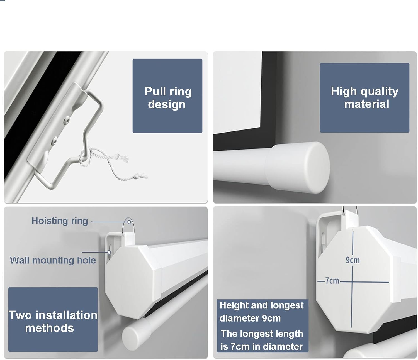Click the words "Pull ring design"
pos(168,98)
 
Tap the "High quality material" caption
pos(364,97)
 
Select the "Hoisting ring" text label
pos(60,221)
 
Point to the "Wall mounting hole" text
pos(53,260)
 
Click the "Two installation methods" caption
pos(53,321)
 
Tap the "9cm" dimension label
pos(353,260)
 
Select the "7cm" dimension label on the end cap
pos(332,281)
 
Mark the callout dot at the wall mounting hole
pos(109,252)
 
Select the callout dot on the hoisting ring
pos(129,222)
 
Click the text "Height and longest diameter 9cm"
pos(261,312)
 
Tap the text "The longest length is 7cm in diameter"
pos(262,340)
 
